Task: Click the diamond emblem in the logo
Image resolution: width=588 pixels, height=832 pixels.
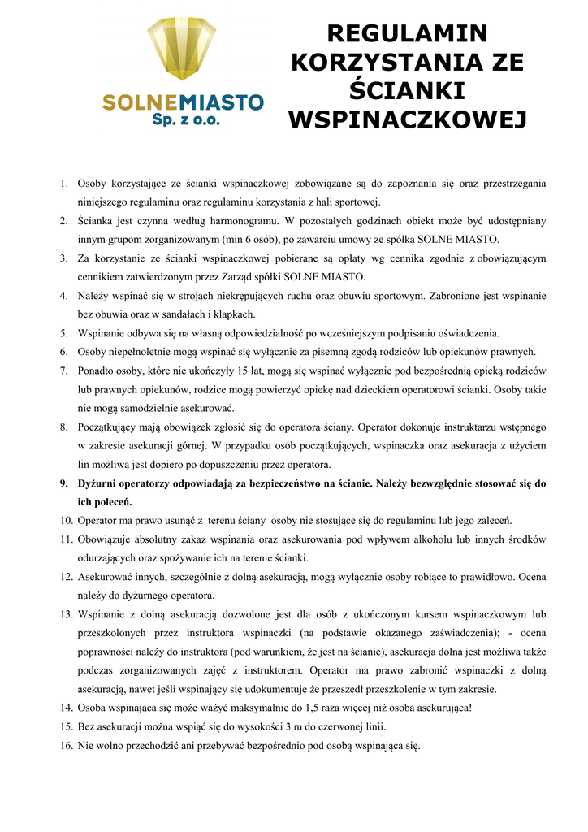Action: click(x=181, y=49)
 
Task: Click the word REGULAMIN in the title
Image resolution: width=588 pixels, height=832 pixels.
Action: click(x=407, y=33)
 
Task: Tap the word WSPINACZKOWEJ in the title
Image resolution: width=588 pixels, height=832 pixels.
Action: click(x=407, y=119)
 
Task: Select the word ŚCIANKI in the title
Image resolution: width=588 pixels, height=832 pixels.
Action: click(x=407, y=90)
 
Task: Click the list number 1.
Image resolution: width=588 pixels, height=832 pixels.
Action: click(x=63, y=184)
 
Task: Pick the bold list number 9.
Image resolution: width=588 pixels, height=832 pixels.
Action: click(x=63, y=483)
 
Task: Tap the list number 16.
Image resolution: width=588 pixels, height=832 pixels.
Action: click(x=65, y=745)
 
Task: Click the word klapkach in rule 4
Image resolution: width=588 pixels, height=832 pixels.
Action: click(x=235, y=314)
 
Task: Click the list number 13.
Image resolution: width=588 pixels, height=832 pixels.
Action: click(x=65, y=614)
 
